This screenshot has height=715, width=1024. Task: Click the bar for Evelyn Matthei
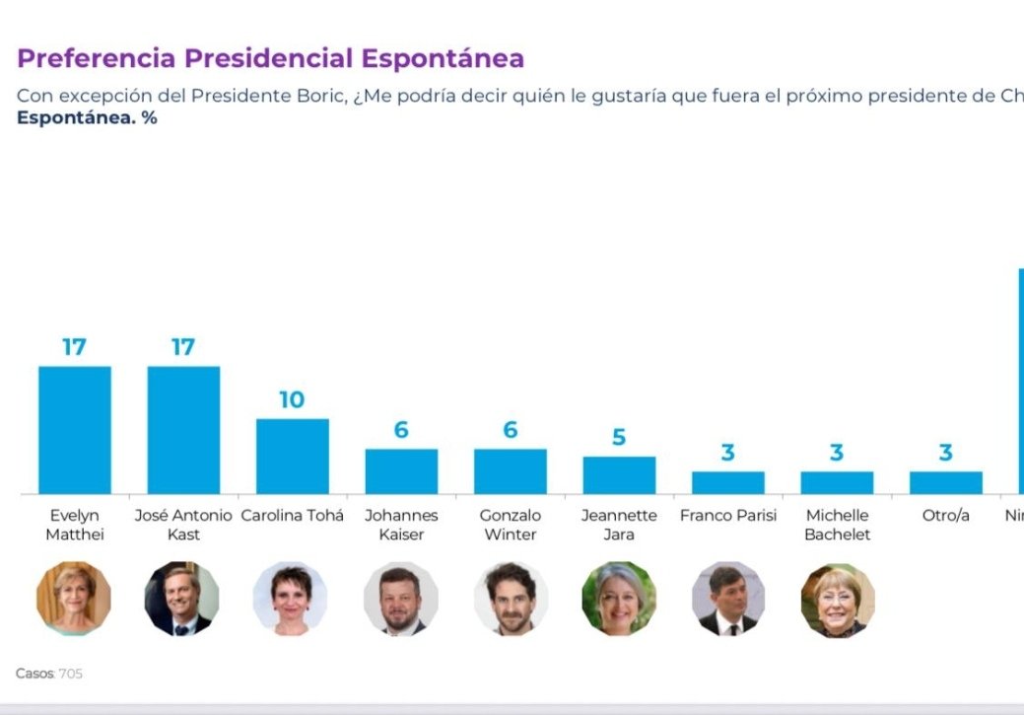[75, 430]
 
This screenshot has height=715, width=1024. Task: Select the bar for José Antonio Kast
[183, 430]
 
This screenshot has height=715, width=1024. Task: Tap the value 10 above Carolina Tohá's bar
[292, 399]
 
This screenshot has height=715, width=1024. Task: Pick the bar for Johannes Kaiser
[401, 471]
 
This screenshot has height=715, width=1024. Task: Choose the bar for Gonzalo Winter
[510, 471]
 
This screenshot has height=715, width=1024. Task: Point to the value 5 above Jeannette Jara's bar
[619, 437]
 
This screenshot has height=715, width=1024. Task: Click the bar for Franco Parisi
[727, 482]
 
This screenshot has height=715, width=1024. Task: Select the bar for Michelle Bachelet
[837, 482]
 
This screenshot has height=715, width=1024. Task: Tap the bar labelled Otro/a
[945, 482]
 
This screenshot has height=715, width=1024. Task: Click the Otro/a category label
[945, 516]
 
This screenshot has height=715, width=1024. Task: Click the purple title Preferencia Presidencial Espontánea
[270, 58]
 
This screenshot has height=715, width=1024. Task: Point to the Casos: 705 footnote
[49, 674]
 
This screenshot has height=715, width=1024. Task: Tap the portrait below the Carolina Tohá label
[291, 599]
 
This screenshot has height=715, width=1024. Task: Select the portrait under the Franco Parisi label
[727, 599]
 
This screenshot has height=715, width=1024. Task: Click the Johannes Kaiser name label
[401, 525]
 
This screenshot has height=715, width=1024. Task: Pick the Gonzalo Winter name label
[510, 525]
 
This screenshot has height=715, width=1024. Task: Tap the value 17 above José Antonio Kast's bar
[183, 347]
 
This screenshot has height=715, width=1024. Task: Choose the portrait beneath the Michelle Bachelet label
[837, 599]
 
